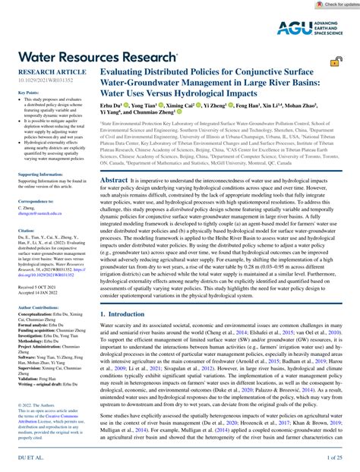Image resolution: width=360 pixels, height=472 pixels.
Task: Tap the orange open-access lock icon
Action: (336, 62)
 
